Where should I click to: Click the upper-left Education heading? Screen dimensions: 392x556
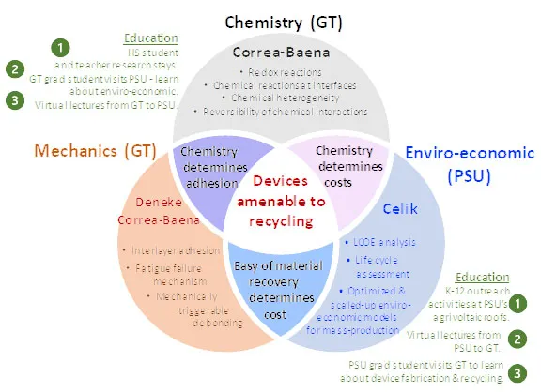[150, 38]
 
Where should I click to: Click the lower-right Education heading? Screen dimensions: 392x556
[480, 278]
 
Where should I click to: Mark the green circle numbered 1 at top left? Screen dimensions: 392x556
[61, 47]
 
